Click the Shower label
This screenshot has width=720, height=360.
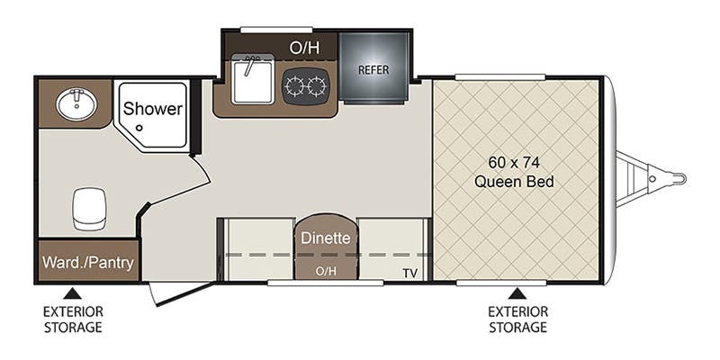pyautogui.click(x=153, y=109)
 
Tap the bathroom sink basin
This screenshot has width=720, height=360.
pyautogui.click(x=76, y=104)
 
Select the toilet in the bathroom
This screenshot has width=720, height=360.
pyautogui.click(x=89, y=209)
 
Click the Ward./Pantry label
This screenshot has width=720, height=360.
pyautogui.click(x=88, y=263)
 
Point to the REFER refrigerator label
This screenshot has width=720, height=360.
pyautogui.click(x=373, y=70)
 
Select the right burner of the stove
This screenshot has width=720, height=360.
pyautogui.click(x=318, y=86)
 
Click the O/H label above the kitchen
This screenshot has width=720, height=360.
pyautogui.click(x=304, y=48)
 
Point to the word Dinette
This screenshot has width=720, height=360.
pyautogui.click(x=326, y=238)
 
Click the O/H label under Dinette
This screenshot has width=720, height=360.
pyautogui.click(x=326, y=272)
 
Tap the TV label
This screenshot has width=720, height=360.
pyautogui.click(x=410, y=274)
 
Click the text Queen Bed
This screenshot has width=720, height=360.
pyautogui.click(x=514, y=183)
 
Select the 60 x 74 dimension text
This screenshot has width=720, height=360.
pyautogui.click(x=513, y=162)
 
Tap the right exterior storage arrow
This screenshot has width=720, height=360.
pyautogui.click(x=517, y=293)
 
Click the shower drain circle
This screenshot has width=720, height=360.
pyautogui.click(x=139, y=128)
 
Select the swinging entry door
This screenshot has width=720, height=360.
pyautogui.click(x=183, y=294)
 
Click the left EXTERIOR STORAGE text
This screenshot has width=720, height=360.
pyautogui.click(x=73, y=319)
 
